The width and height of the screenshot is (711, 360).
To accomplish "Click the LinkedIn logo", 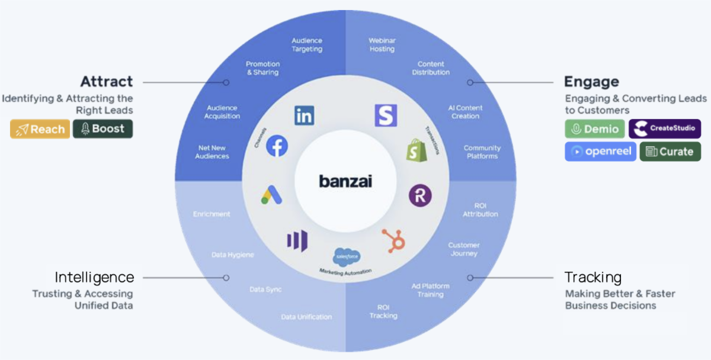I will tap(304, 115).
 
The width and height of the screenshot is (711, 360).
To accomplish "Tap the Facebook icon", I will tap(277, 146).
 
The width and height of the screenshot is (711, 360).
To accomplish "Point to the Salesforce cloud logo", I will tap(347, 257).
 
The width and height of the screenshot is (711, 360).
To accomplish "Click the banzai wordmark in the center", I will tap(345, 181).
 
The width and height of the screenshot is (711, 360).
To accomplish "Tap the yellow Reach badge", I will tap(40, 129).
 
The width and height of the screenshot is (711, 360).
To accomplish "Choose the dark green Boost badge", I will tap(103, 129).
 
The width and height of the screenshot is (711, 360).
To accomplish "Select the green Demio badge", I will tap(594, 129).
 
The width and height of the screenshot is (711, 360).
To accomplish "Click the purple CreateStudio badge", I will tap(665, 128).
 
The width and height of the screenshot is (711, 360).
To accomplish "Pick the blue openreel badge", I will tap(600, 152).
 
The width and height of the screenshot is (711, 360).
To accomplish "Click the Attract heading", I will tap(107, 82).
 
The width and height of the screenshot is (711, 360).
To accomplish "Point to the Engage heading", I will tap(591, 82).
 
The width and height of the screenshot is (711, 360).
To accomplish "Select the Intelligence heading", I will tap(94, 277).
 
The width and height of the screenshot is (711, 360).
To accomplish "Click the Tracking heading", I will tap(592, 277).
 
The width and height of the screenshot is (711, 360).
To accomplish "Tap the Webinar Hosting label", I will tap(382, 45).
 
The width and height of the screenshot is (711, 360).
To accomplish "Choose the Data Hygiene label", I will tap(233, 255).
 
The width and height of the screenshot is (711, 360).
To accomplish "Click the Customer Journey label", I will tap(464, 249).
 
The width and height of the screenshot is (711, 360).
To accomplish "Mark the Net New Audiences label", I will tap(213, 152).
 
